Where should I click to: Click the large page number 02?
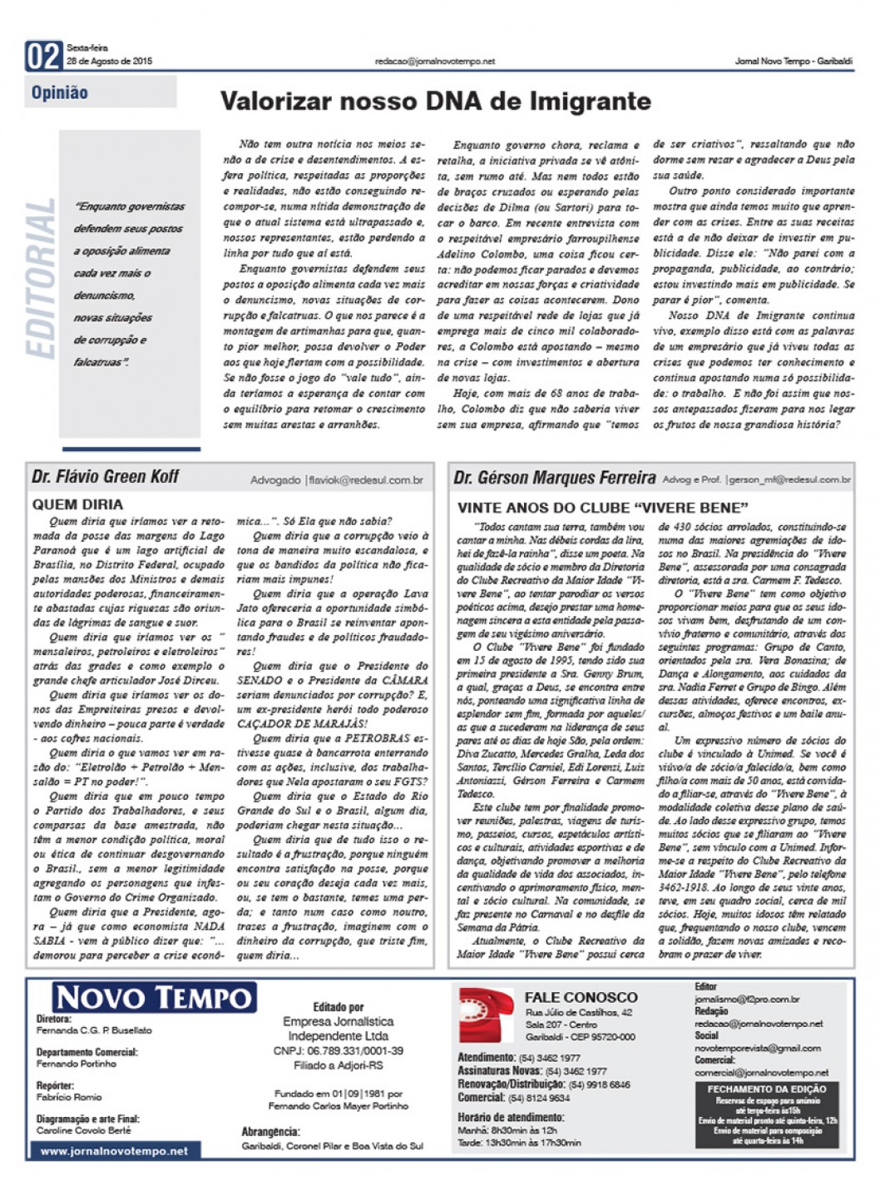[44, 57]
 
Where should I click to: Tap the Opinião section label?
[60, 92]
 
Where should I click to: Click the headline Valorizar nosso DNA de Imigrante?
[435, 102]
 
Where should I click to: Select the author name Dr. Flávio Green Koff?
[106, 477]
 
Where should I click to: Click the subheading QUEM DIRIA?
[77, 504]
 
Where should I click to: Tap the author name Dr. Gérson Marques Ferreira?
[554, 478]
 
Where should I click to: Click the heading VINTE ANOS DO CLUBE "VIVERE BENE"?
[602, 508]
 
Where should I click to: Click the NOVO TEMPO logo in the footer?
[154, 997]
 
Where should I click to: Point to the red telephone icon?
[487, 1015]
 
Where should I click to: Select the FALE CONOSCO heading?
[581, 997]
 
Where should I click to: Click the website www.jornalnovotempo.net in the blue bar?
[114, 1151]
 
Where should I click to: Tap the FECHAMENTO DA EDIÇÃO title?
[767, 1089]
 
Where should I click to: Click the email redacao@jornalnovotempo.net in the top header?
[435, 62]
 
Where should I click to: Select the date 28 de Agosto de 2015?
[109, 62]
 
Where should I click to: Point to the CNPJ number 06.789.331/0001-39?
[338, 1051]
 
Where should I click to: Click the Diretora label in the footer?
[54, 1019]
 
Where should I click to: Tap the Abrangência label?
[270, 1132]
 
